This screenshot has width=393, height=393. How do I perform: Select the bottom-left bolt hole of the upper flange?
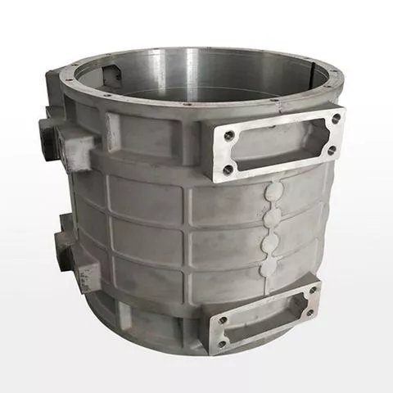tap(228, 170)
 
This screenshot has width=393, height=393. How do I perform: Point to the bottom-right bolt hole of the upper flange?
tap(332, 151)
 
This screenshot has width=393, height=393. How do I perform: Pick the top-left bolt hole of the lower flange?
tap(215, 313)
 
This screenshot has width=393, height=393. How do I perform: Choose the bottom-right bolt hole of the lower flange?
tap(309, 312)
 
